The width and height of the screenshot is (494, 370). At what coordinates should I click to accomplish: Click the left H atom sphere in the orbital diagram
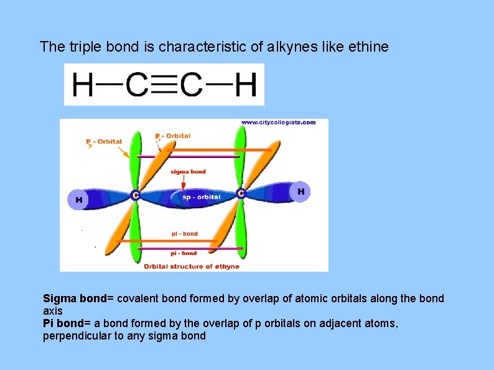[x=78, y=200]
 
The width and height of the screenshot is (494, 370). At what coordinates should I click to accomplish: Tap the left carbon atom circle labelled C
[x=135, y=195]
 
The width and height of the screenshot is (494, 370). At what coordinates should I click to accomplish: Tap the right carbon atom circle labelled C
[x=241, y=194]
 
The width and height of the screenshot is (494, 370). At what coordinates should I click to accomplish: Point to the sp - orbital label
[x=201, y=197]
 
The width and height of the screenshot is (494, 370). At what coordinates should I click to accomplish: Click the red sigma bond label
[x=188, y=172]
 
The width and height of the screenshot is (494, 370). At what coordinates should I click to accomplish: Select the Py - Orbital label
[x=104, y=142]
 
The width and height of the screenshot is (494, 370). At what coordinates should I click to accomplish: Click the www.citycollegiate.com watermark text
[x=278, y=123]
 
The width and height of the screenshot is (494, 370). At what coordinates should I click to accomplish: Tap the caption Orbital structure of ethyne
[x=192, y=267]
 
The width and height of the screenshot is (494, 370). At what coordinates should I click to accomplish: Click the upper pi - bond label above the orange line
[x=185, y=234]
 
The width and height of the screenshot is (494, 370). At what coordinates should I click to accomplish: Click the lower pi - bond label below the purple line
[x=184, y=253]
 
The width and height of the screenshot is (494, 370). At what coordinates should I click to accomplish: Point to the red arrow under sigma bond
[x=185, y=183]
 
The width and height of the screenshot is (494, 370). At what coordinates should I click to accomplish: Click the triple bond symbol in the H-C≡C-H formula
[x=164, y=85]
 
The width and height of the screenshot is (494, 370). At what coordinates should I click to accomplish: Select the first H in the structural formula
[x=83, y=85]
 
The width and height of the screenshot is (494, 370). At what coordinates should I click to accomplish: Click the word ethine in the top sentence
[x=370, y=47]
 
